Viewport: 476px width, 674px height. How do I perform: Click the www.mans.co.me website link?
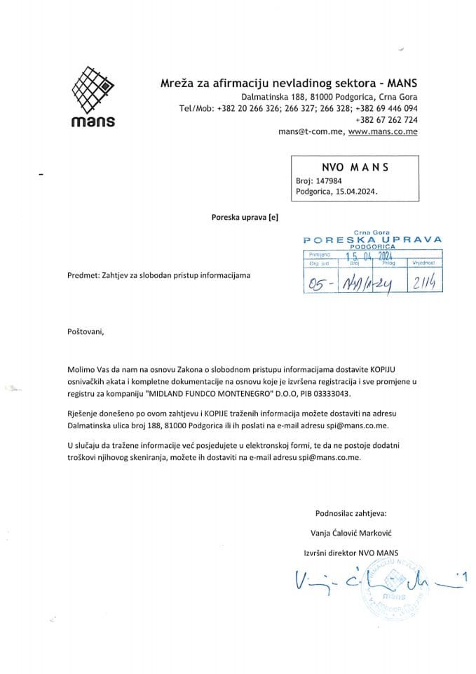[383, 131]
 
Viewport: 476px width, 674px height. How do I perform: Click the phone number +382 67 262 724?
[387, 119]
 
